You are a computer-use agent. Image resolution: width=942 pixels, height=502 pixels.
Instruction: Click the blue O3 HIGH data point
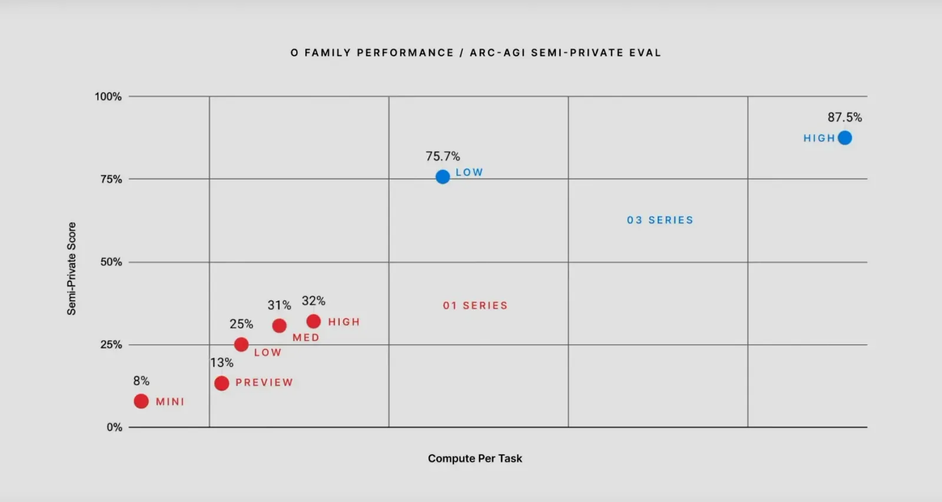844,138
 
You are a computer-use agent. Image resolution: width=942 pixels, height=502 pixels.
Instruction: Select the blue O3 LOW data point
443,177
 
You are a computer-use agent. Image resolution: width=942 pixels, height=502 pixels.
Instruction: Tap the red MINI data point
141,401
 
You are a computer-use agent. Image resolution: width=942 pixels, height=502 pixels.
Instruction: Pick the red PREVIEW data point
221,383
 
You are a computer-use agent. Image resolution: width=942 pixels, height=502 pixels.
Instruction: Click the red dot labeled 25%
241,344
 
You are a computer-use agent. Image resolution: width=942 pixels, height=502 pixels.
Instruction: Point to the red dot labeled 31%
280,325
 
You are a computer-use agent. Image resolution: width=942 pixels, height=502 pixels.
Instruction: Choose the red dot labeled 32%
314,321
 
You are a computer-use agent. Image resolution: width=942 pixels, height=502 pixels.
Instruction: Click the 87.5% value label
844,117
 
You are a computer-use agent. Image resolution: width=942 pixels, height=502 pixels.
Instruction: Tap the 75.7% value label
443,156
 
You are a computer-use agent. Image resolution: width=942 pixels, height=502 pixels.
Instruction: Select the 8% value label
141,381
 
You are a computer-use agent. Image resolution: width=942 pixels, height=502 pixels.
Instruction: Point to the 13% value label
221,363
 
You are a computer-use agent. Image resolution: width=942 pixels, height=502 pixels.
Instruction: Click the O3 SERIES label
660,220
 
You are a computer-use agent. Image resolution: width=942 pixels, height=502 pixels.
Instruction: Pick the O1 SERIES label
475,305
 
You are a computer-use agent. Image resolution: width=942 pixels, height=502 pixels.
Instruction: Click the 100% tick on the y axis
108,97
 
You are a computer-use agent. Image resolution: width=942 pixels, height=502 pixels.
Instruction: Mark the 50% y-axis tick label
111,262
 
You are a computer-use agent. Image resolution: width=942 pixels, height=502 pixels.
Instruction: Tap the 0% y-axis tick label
114,427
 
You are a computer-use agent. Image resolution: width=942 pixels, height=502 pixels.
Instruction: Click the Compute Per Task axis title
475,458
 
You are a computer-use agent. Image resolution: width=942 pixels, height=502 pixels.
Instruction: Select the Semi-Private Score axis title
71,268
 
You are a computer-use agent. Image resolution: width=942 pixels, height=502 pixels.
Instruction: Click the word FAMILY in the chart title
328,52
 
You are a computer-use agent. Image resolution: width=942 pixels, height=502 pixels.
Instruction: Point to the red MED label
306,337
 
